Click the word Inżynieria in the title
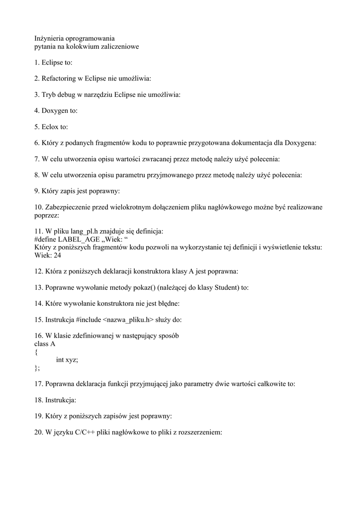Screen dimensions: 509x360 [x=50, y=38]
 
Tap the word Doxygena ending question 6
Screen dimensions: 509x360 [x=300, y=143]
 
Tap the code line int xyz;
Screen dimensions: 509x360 [x=67, y=359]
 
